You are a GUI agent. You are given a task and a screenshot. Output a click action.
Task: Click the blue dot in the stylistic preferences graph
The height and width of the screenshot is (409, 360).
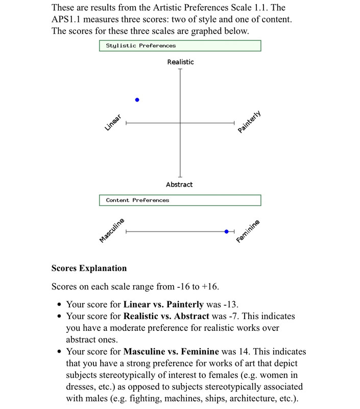pyautogui.click(x=137, y=100)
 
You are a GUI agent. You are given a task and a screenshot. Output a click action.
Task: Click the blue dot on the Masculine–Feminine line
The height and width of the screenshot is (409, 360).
pyautogui.click(x=227, y=232)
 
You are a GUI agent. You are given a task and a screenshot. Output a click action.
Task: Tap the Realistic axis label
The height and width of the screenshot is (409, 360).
pyautogui.click(x=180, y=62)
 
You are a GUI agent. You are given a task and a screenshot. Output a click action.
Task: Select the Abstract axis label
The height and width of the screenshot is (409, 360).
pyautogui.click(x=179, y=184)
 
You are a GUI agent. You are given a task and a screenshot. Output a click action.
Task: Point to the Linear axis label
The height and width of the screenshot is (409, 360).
pyautogui.click(x=112, y=123)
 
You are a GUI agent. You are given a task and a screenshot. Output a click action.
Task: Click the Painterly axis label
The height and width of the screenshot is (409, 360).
pyautogui.click(x=249, y=122)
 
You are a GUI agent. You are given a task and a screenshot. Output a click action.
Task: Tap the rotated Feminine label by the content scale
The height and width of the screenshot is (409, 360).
pyautogui.click(x=248, y=232)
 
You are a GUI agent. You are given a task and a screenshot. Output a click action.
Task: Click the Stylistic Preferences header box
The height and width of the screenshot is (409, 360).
pyautogui.click(x=180, y=46)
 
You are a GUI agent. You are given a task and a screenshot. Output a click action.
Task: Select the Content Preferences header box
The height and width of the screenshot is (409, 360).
pyautogui.click(x=180, y=200)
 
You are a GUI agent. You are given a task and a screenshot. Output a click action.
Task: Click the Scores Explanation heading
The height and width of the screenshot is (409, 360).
pyautogui.click(x=89, y=268)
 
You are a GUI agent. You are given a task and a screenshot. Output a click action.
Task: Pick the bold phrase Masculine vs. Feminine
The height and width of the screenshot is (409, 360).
pyautogui.click(x=171, y=352)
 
